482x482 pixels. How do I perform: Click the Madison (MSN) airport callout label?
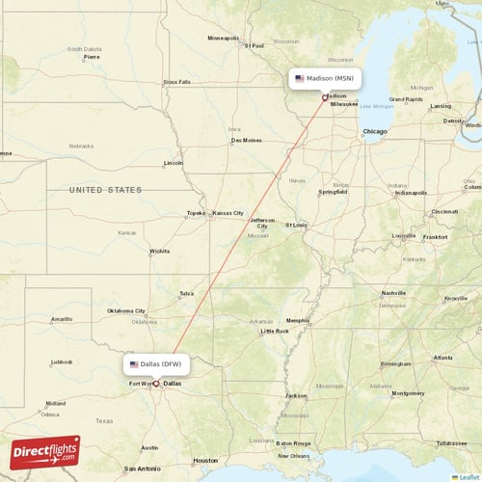point(324,78)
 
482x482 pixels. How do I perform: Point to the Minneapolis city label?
point(225,39)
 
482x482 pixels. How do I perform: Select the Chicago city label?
point(374,130)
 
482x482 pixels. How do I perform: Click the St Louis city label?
point(296,225)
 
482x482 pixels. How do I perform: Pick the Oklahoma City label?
point(126,311)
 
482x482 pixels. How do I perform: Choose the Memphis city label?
point(298,320)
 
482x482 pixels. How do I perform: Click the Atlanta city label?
point(442,358)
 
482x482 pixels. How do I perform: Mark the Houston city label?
point(205,460)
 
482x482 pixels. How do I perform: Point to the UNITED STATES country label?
point(104,191)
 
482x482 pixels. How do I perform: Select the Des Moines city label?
point(246,141)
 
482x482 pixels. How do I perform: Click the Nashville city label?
point(393,293)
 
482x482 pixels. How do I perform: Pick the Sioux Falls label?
point(177,82)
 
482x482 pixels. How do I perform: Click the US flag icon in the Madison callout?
point(300,78)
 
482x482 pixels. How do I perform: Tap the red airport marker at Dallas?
point(156,383)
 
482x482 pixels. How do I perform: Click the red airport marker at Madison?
point(325,96)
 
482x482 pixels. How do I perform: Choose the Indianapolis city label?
point(411,192)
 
